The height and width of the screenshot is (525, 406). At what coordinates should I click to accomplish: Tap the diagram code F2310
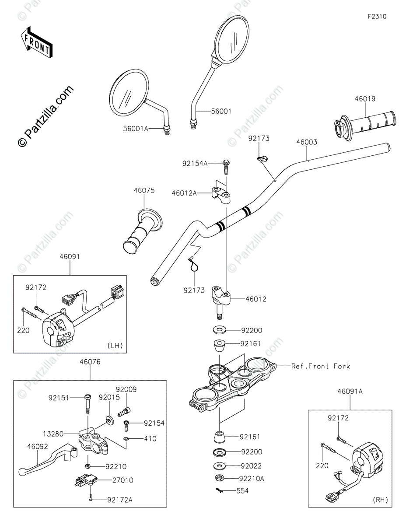click(377, 17)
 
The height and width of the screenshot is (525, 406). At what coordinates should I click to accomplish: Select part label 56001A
click(136, 129)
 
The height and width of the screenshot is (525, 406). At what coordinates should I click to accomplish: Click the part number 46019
click(365, 99)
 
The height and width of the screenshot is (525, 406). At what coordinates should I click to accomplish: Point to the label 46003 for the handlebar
click(307, 142)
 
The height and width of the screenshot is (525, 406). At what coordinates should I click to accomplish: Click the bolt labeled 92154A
click(226, 167)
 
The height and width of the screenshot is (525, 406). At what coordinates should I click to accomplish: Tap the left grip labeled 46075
click(143, 231)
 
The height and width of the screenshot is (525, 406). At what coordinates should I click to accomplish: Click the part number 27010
click(122, 480)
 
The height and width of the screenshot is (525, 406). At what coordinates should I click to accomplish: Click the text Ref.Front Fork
click(321, 366)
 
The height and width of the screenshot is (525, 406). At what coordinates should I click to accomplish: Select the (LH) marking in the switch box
click(115, 346)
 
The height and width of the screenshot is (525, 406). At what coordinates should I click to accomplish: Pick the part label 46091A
click(350, 392)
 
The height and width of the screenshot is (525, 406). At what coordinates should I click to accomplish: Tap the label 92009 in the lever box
click(126, 389)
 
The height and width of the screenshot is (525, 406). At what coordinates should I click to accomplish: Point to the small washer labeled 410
click(126, 438)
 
